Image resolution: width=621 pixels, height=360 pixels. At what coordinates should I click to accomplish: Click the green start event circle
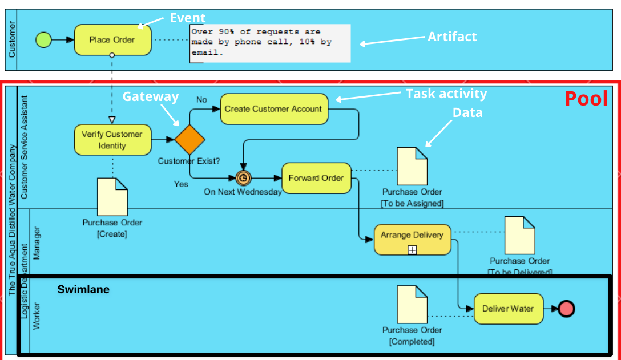click(x=43, y=39)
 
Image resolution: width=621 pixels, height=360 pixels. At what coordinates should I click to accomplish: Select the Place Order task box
click(x=112, y=40)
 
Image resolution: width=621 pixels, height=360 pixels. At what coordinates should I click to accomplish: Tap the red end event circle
click(x=566, y=309)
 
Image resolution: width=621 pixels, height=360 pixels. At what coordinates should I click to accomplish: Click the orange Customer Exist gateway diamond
click(x=189, y=139)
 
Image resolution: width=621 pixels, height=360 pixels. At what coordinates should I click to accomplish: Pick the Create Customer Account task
click(x=274, y=109)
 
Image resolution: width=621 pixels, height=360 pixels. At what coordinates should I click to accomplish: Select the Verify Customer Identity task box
click(x=112, y=140)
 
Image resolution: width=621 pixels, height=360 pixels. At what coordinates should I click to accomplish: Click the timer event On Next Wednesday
click(x=243, y=178)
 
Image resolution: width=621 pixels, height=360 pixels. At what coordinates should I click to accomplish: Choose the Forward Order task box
click(x=316, y=178)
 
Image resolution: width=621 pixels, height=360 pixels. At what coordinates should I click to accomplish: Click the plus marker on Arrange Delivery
click(x=412, y=249)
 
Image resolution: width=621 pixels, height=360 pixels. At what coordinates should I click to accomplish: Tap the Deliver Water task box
click(x=508, y=309)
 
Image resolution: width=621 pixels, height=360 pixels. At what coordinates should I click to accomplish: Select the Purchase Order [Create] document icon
click(x=112, y=197)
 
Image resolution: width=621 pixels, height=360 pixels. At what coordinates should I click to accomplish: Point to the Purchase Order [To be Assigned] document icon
click(x=412, y=166)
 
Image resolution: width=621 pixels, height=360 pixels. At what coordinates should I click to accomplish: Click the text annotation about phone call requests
click(x=270, y=42)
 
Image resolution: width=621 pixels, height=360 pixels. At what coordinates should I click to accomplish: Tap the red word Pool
click(x=586, y=99)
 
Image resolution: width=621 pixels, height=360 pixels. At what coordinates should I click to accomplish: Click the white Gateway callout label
click(x=151, y=96)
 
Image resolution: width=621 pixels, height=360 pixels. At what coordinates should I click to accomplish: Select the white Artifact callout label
click(x=452, y=37)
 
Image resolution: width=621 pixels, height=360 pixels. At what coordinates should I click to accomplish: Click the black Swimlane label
click(x=83, y=290)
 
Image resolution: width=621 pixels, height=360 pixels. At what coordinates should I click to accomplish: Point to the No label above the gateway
click(x=201, y=99)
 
